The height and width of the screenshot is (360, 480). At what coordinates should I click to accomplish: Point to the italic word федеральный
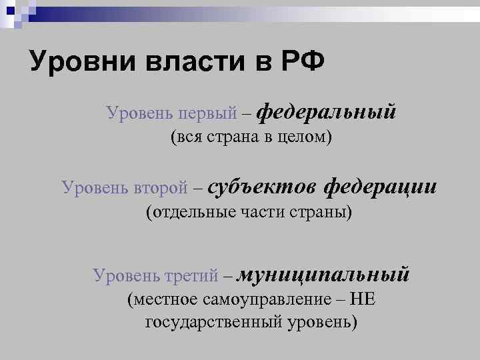click(326, 110)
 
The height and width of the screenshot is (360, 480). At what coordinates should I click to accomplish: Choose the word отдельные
click(191, 213)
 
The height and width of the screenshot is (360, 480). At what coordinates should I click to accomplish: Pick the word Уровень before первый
click(136, 113)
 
